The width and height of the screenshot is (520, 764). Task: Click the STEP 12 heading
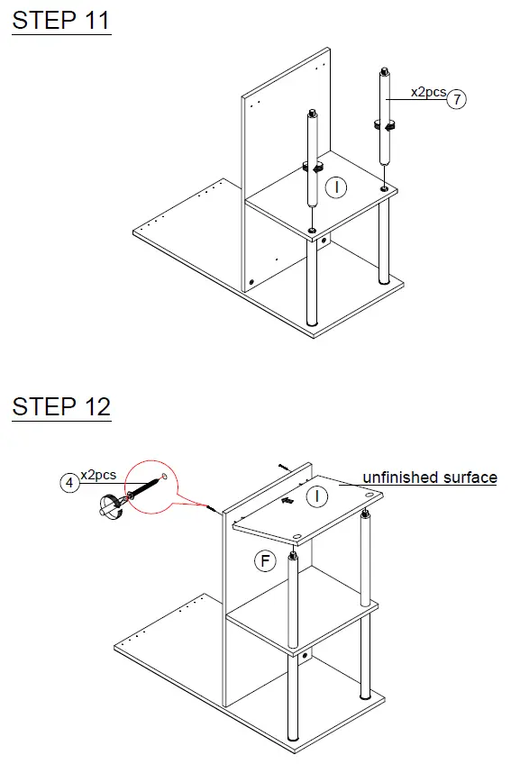click(61, 406)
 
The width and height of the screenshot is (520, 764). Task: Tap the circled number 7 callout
click(458, 100)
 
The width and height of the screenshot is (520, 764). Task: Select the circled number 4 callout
click(68, 483)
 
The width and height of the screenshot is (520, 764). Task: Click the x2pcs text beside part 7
click(428, 92)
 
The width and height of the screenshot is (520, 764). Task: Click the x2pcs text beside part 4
click(98, 475)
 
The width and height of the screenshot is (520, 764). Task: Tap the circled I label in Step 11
click(335, 187)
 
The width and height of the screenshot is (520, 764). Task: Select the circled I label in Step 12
click(316, 496)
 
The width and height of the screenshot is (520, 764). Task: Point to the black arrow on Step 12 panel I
click(287, 497)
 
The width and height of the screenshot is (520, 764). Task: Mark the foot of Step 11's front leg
click(312, 322)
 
